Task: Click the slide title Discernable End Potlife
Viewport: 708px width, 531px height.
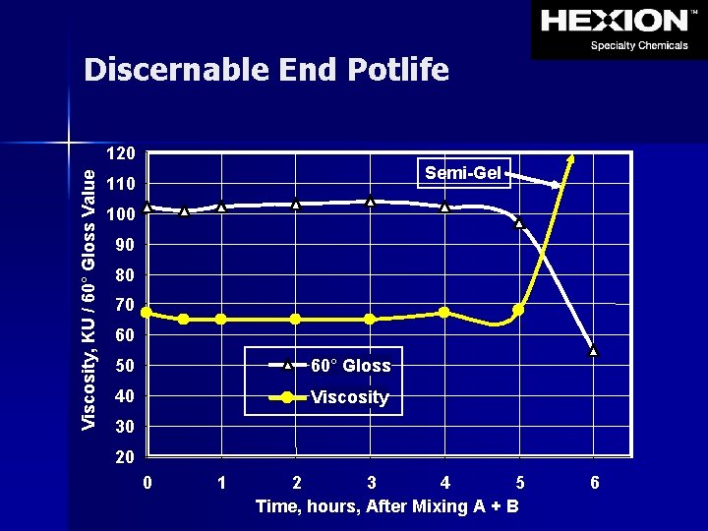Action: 266,70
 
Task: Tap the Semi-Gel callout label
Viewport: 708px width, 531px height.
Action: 463,173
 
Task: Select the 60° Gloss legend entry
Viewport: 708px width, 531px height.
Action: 350,366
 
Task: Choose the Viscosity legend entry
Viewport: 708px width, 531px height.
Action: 349,397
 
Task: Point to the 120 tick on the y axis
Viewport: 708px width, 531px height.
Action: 121,154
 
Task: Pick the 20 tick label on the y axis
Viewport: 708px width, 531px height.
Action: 124,457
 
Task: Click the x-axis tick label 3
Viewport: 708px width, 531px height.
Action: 371,483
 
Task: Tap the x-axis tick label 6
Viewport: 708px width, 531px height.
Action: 594,483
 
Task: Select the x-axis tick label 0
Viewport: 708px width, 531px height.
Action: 147,483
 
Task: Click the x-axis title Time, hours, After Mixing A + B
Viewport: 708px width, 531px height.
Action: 387,506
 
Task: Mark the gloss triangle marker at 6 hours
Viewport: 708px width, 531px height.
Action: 593,350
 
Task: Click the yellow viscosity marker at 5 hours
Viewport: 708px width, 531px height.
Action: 519,310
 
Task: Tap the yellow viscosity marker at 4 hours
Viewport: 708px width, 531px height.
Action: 444,312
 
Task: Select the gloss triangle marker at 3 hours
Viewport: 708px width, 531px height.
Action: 371,202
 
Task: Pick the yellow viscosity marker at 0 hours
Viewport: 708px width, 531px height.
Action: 147,312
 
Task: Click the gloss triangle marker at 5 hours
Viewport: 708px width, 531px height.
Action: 519,223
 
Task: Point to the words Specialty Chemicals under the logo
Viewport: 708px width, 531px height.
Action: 638,45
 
